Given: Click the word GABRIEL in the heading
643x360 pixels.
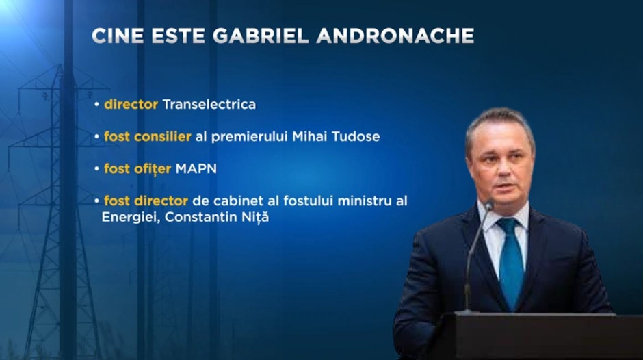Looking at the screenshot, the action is (261, 36).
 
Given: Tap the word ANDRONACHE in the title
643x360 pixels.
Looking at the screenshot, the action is (395, 36).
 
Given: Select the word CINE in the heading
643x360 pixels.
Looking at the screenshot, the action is (118, 36).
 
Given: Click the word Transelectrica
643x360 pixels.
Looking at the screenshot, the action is (209, 104).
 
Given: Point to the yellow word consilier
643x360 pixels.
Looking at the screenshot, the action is (162, 136).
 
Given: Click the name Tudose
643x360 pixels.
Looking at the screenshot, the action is (356, 136).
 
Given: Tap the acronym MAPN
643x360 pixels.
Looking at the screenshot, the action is (196, 168).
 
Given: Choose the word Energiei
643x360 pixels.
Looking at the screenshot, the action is (131, 217).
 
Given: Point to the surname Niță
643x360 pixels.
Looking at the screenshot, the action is (255, 216).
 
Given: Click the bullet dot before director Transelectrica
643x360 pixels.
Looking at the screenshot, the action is (96, 105).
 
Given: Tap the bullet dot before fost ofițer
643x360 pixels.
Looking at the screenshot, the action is (96, 169).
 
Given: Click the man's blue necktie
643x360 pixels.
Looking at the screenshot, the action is (511, 263).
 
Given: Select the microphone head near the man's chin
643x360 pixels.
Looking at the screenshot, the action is (489, 205).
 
